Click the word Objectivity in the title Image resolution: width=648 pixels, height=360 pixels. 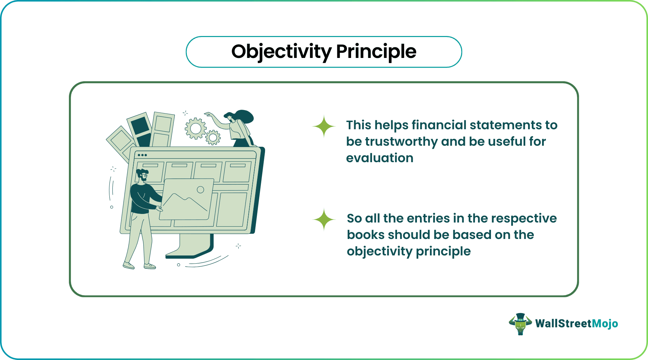(x=281, y=52)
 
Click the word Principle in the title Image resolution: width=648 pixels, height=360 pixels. (x=376, y=52)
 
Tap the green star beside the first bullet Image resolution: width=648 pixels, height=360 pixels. (x=324, y=126)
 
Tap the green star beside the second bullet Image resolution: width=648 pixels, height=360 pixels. (x=324, y=219)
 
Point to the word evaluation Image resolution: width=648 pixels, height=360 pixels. (x=380, y=158)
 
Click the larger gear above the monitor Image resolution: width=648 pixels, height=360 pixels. (x=195, y=129)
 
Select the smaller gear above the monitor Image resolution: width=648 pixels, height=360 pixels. (x=213, y=137)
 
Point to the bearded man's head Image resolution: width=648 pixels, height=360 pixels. (x=142, y=175)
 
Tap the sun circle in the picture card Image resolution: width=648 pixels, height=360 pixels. (x=201, y=190)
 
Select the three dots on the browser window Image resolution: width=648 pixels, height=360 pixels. (x=142, y=155)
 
